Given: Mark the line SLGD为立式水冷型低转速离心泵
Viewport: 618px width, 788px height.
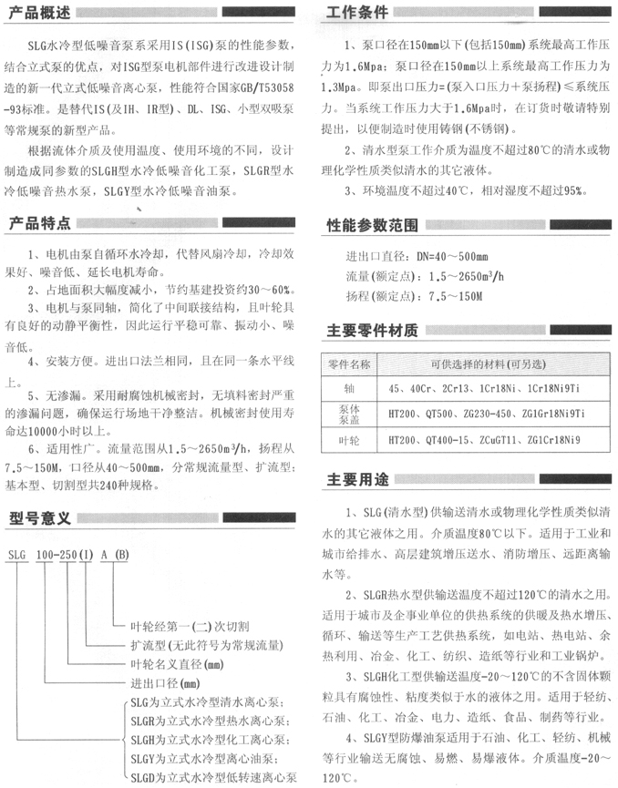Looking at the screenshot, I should click(x=211, y=776).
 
